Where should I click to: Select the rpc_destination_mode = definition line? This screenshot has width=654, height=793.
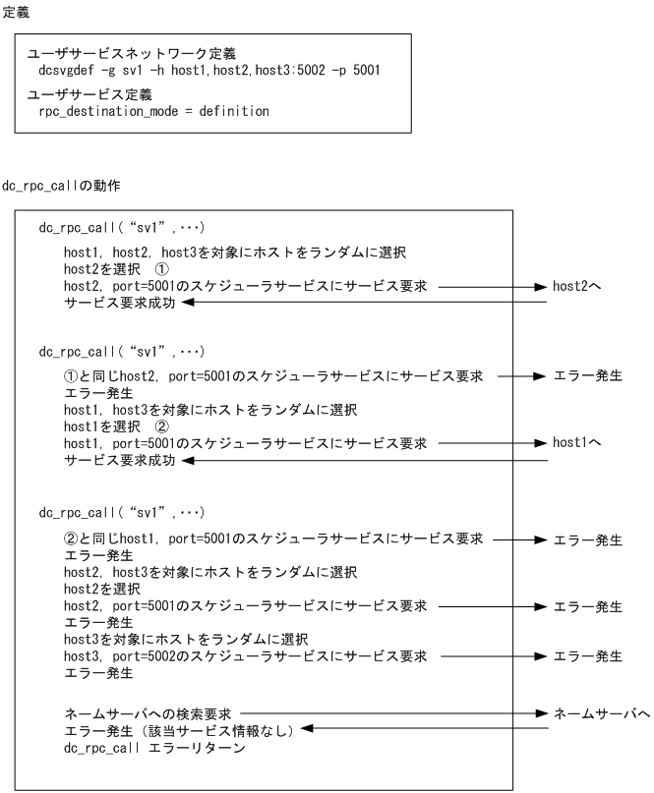[153, 111]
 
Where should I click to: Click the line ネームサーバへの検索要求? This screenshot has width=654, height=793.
[148, 711]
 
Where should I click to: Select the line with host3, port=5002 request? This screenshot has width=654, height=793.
[246, 656]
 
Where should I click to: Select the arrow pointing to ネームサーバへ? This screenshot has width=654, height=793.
[393, 711]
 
